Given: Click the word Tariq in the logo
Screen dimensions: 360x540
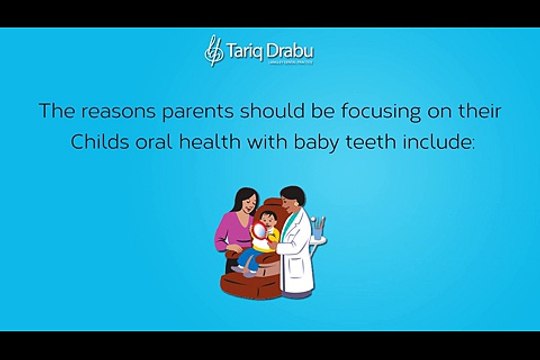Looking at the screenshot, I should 247,48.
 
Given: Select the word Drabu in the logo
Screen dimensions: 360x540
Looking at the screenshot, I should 295,48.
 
